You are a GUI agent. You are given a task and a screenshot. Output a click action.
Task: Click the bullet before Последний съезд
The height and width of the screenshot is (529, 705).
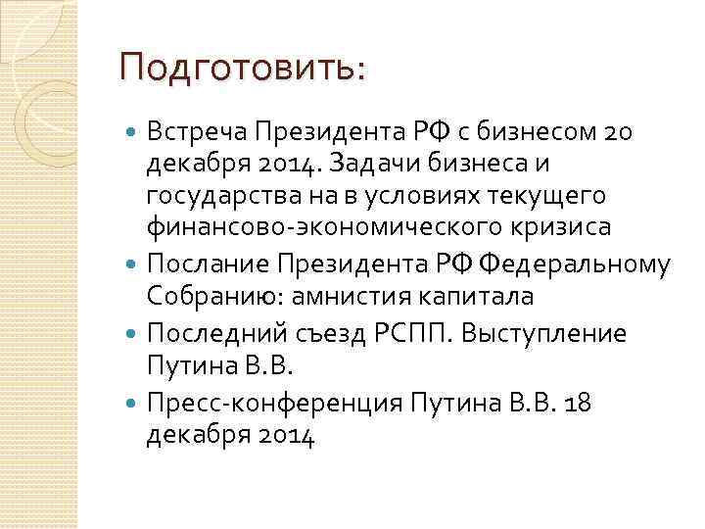tap(133, 332)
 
